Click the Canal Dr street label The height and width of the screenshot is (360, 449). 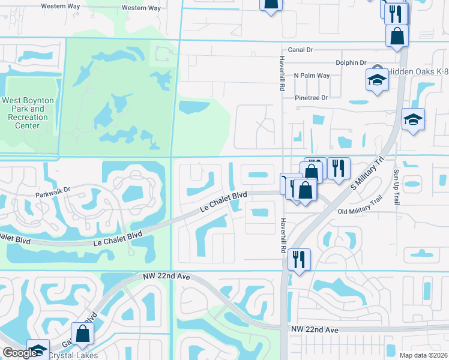(x=301, y=50)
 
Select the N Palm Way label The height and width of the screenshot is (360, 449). (x=312, y=76)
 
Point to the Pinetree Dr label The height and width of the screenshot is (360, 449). (x=311, y=97)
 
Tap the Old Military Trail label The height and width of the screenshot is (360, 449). (x=360, y=212)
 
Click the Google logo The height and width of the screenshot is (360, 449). (x=20, y=353)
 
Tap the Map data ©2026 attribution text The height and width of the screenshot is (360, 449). (x=423, y=355)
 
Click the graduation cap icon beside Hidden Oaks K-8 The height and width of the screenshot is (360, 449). (x=377, y=80)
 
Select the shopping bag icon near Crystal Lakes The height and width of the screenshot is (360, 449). (x=82, y=334)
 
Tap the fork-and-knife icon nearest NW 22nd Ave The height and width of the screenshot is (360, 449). (x=299, y=259)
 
